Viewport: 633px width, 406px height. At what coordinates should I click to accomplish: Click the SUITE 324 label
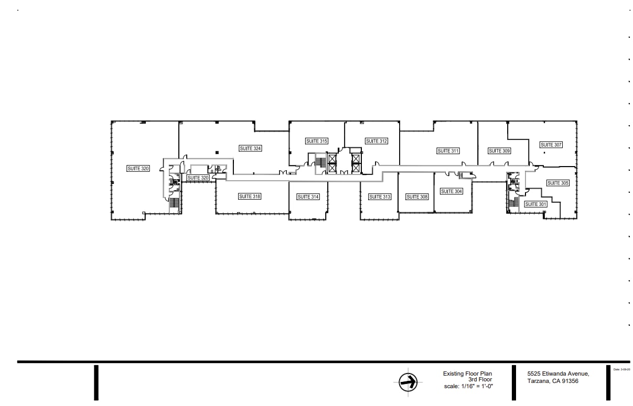click(250, 148)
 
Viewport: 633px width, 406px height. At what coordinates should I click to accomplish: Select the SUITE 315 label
click(317, 141)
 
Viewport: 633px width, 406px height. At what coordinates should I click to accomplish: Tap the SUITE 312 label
click(377, 141)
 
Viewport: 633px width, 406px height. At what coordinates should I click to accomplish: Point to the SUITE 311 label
click(448, 151)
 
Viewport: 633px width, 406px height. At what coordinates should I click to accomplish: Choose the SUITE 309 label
click(499, 151)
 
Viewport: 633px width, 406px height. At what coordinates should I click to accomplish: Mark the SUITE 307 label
click(551, 145)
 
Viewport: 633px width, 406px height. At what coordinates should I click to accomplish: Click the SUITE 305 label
click(557, 183)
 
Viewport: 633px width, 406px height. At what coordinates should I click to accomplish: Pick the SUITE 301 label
click(535, 204)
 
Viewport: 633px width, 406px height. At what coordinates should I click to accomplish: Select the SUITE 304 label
click(451, 191)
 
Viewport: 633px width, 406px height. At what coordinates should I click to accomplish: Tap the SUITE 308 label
click(417, 196)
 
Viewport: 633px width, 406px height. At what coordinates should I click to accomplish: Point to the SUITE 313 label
click(379, 196)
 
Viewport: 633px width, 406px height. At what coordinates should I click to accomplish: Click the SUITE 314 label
click(308, 196)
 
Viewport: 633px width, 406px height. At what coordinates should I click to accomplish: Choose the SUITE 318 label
click(250, 196)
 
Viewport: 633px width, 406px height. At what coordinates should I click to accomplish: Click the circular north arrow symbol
click(405, 382)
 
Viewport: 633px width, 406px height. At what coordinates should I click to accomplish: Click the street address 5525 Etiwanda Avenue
click(558, 374)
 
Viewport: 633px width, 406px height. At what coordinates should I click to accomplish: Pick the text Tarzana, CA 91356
click(553, 381)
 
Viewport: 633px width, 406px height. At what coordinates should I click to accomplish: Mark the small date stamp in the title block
click(621, 369)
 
